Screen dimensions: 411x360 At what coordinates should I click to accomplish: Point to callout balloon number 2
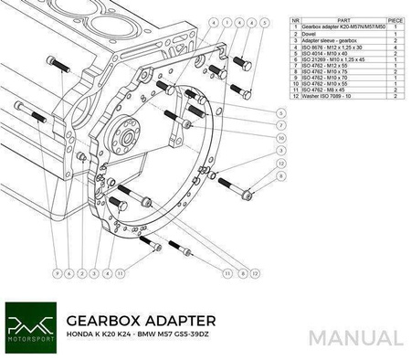point(82,272)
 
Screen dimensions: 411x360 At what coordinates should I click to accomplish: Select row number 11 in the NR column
point(295,89)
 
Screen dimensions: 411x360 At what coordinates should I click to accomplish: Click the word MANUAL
point(355,337)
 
